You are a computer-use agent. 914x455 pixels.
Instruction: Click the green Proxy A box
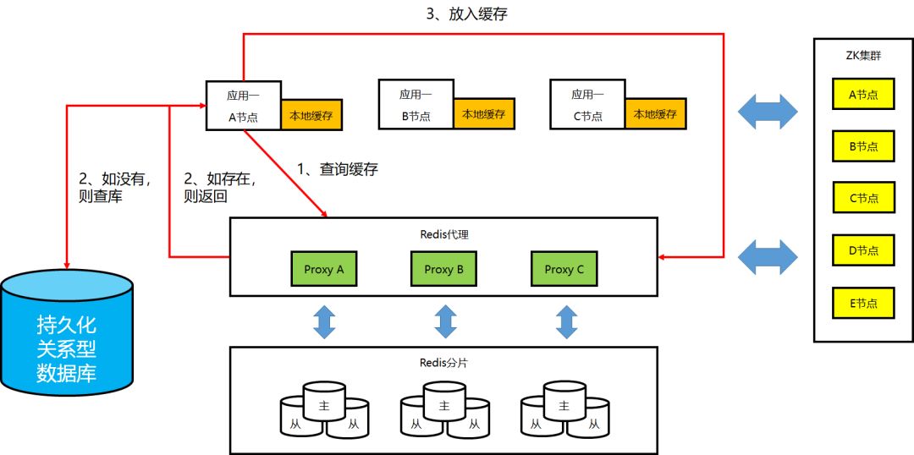324,269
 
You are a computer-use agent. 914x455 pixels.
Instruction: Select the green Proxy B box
443,269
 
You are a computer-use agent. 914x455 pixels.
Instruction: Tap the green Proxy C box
564,269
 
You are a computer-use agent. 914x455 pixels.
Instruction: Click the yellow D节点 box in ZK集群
863,251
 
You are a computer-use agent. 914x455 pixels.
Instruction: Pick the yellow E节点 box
863,303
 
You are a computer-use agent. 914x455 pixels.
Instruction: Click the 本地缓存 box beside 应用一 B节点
484,114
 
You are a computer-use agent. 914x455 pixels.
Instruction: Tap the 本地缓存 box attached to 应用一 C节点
656,114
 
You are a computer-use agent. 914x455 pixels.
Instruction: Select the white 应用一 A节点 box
244,106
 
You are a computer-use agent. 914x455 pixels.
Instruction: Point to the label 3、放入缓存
467,14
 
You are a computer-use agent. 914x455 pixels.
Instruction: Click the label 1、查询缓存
338,169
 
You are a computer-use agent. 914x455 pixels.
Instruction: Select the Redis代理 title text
444,235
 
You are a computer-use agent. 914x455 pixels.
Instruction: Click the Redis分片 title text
443,362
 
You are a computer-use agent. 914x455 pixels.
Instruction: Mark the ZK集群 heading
863,57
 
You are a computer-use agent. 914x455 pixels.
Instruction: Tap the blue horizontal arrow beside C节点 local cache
768,112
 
